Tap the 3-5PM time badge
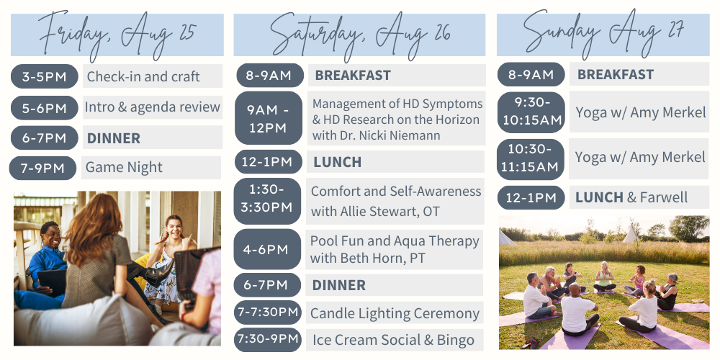(x=44, y=76)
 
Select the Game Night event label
(x=124, y=168)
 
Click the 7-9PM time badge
(x=42, y=168)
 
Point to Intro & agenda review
(x=153, y=107)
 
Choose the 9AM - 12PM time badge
(x=269, y=119)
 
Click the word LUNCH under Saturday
(x=338, y=162)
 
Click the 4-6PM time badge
(x=267, y=249)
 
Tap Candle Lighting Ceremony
(x=395, y=314)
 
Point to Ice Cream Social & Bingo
(x=394, y=341)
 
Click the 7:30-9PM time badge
(x=268, y=339)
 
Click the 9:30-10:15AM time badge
(x=531, y=112)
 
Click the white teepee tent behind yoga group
(x=629, y=233)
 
